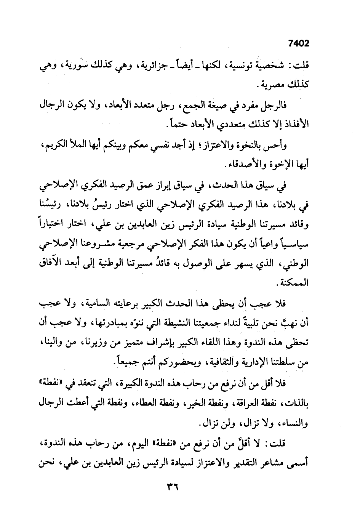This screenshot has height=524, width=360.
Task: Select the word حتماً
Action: pos(178,125)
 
